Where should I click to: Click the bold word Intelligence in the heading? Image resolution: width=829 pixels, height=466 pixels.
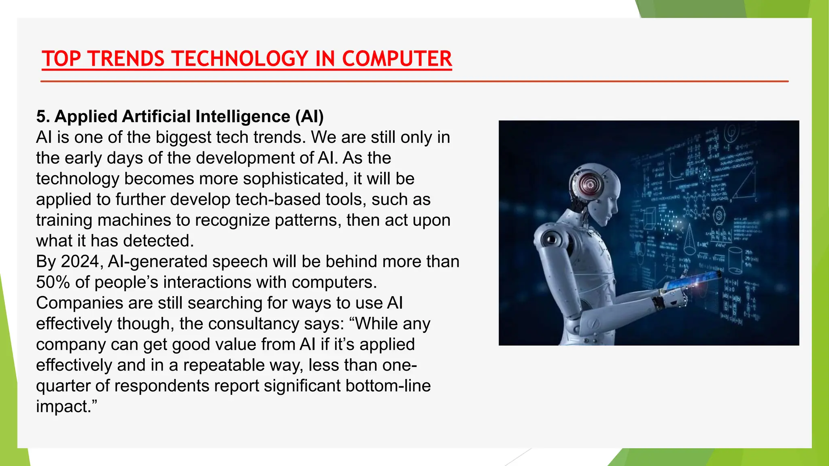(x=242, y=116)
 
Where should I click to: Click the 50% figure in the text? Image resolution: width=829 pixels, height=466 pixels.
(x=53, y=282)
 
